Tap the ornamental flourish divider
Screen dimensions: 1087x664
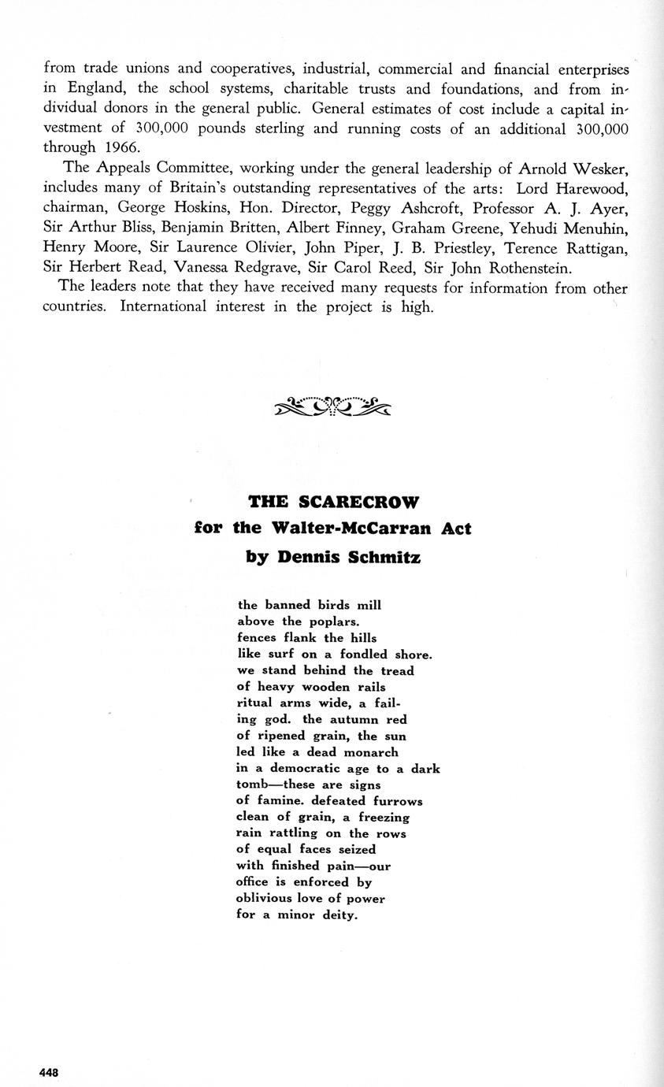tap(332, 406)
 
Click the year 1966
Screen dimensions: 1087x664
tap(120, 147)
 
